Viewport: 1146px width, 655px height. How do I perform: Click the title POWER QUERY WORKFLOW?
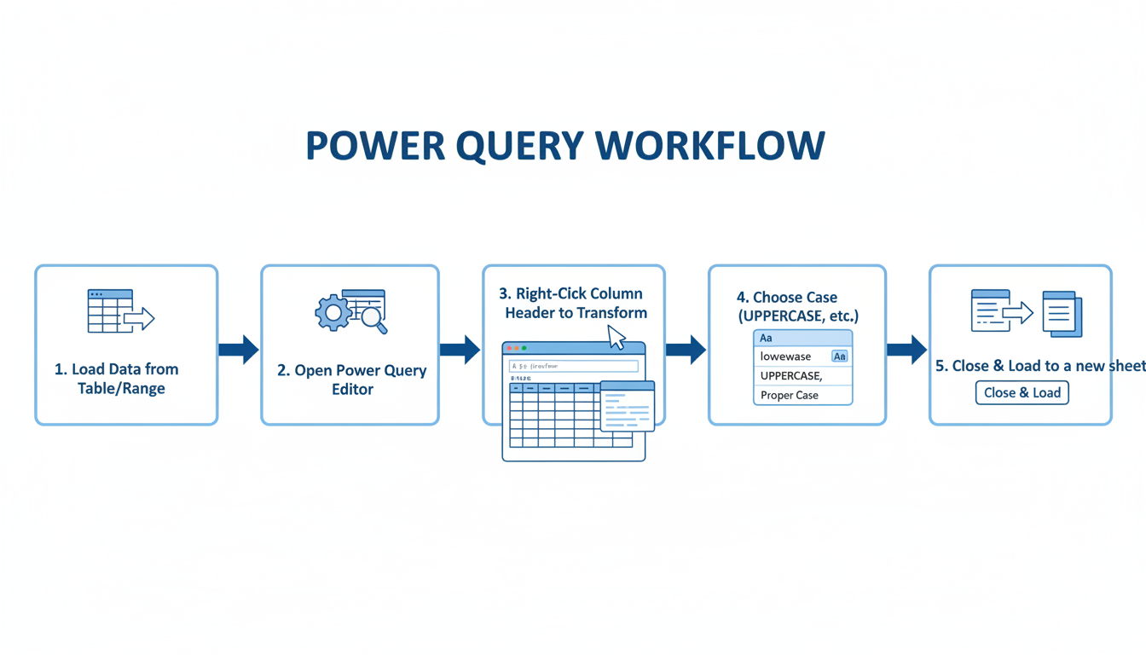click(565, 146)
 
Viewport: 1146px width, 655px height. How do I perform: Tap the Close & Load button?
click(1022, 393)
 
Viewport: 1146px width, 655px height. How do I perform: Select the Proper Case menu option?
click(790, 395)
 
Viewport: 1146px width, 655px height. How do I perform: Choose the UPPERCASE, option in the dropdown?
click(791, 375)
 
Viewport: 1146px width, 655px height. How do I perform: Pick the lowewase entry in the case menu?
click(785, 356)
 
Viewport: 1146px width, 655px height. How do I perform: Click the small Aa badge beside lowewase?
click(839, 356)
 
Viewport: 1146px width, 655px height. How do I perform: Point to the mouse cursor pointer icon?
click(616, 338)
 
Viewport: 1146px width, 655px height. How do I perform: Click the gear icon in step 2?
click(333, 313)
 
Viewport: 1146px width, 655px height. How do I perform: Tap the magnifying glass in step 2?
click(373, 319)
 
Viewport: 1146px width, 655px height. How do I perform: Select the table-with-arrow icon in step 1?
click(120, 311)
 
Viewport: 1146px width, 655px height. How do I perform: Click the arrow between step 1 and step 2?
click(239, 350)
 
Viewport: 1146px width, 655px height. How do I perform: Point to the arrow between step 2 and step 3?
click(460, 350)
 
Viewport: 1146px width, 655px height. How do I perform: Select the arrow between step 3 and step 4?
click(686, 350)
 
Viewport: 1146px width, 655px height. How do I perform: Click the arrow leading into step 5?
click(906, 350)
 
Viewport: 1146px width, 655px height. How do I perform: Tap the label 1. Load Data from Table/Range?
click(117, 379)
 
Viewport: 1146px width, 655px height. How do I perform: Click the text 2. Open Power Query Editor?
click(352, 380)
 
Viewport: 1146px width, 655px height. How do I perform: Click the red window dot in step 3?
click(510, 348)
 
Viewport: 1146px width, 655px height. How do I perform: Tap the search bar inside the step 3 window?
click(574, 366)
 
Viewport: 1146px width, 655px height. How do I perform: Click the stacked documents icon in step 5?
click(1062, 314)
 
